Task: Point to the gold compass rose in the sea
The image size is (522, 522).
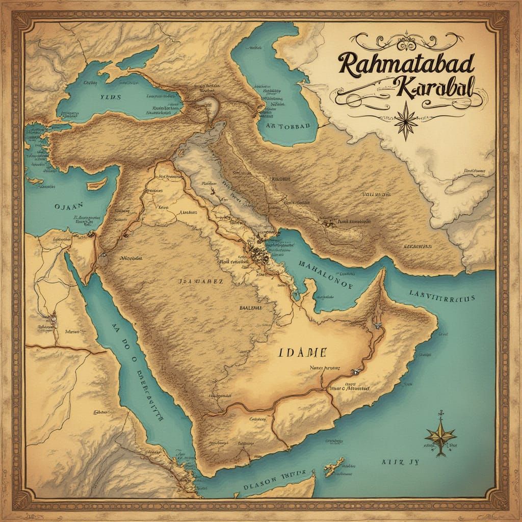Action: [x=439, y=434]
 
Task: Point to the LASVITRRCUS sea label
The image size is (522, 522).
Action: [x=442, y=296]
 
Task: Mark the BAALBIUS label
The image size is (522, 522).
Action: [x=250, y=308]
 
